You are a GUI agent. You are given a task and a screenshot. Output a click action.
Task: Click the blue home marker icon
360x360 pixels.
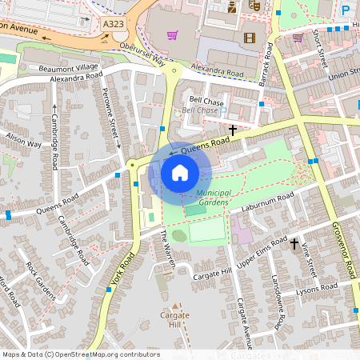point(180,172)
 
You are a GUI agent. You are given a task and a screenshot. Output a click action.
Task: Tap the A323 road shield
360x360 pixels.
point(114,26)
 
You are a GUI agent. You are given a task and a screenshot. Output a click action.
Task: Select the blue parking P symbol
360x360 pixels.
point(346,10)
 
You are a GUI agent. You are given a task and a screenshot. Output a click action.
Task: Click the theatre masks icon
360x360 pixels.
point(256,6)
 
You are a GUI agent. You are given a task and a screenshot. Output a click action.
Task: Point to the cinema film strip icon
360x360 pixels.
point(250,38)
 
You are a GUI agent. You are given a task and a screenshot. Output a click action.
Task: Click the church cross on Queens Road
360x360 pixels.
point(234,129)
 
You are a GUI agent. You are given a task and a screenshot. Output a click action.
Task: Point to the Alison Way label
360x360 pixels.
point(23,142)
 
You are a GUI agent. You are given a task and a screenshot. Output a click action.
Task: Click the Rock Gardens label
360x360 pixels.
point(40,279)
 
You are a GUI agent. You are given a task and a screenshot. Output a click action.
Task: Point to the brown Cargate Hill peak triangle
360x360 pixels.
point(174,306)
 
